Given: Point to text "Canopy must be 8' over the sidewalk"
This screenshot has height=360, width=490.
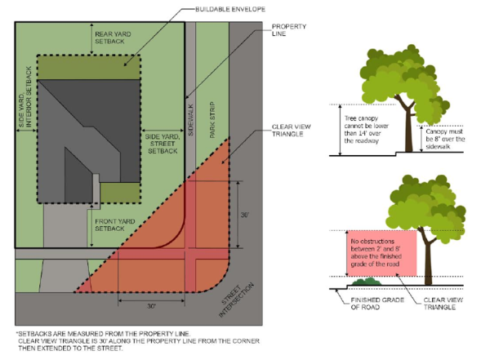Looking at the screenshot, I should click(447, 140).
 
